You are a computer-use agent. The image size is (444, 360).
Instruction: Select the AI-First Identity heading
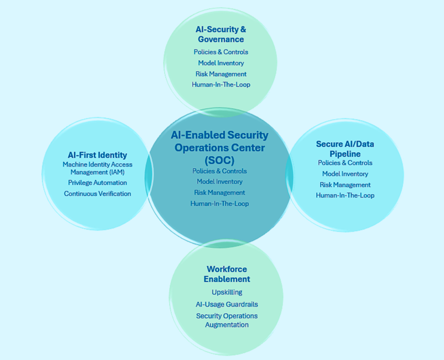point(97,155)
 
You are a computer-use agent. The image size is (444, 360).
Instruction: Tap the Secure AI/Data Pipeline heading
point(345,149)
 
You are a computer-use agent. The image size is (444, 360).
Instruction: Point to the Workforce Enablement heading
point(227,274)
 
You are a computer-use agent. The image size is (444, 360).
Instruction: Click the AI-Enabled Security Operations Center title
point(219,148)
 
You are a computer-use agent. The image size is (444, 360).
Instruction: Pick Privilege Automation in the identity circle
point(98,182)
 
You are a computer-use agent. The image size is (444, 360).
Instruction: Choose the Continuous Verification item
point(98,194)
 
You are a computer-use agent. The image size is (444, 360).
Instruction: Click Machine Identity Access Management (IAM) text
point(98,168)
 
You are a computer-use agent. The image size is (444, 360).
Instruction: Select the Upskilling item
point(227,292)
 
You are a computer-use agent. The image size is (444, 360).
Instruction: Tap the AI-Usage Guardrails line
point(227,304)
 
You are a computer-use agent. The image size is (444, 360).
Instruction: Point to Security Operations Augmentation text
point(227,320)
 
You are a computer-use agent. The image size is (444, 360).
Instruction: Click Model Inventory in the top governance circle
point(221,63)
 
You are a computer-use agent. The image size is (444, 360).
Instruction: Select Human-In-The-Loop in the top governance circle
point(221,85)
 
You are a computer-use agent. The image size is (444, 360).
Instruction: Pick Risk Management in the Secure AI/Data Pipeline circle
point(345,185)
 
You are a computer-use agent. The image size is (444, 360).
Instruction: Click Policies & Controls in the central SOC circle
point(219,171)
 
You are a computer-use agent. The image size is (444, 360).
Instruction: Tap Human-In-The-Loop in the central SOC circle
point(219,203)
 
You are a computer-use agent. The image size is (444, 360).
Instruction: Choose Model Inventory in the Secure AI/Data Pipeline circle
point(345,174)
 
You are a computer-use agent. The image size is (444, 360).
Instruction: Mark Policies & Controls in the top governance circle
point(221,52)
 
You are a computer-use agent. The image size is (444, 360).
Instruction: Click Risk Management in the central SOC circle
point(219,192)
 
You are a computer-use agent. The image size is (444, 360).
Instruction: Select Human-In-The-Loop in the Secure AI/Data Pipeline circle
point(345,195)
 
